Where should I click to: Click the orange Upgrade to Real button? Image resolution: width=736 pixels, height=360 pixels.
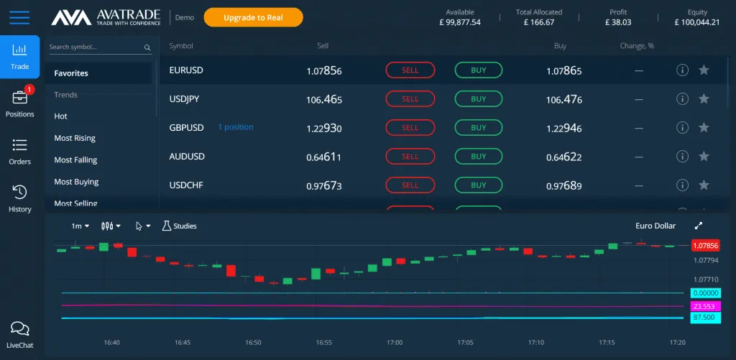253,17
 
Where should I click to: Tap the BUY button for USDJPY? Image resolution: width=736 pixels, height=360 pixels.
478,99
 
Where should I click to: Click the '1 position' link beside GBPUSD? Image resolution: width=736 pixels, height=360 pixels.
236,127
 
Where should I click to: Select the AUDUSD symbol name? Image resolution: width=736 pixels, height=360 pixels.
187,157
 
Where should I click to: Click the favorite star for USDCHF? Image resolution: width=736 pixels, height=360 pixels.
704,185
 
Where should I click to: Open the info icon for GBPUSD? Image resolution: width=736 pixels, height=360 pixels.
683,128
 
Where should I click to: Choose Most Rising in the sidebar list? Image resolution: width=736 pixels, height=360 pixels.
75,138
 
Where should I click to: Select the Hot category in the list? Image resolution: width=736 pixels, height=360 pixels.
61,116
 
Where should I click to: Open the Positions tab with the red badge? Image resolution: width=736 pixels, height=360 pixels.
19,103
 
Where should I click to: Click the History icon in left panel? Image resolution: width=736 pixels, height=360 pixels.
19,198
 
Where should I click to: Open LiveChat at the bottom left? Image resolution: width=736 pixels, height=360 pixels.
19,334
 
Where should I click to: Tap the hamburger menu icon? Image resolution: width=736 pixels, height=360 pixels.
19,17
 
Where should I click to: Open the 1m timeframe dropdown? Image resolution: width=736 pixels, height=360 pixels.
80,226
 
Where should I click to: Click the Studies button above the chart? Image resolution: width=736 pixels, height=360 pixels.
179,226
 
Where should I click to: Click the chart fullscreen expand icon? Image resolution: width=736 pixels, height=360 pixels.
699,226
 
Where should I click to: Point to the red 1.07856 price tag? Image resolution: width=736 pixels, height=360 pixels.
705,246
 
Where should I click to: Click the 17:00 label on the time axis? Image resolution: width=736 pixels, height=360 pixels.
395,343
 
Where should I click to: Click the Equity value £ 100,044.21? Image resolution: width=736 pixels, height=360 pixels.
696,22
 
